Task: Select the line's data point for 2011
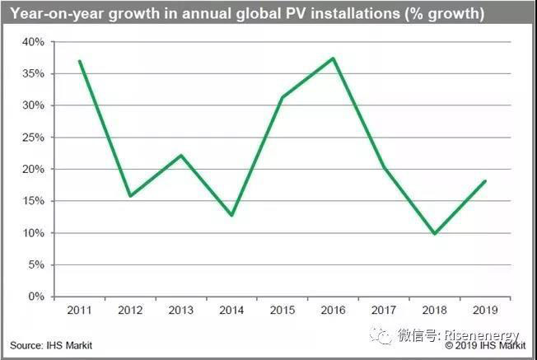tap(79, 61)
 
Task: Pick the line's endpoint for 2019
tap(484, 181)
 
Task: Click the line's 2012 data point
tap(130, 196)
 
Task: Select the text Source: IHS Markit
tap(51, 345)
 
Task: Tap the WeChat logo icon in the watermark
tap(381, 334)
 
